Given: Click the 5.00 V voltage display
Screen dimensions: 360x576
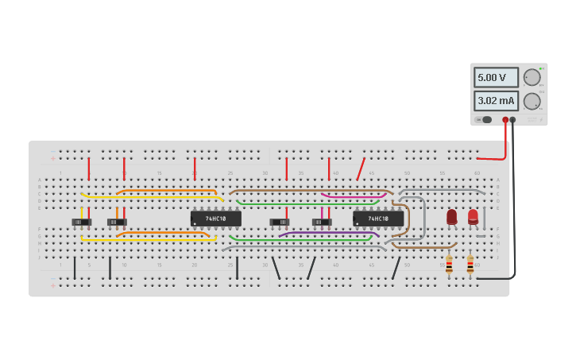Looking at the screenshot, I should tap(496, 78).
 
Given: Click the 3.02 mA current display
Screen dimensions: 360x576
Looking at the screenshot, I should tap(496, 101).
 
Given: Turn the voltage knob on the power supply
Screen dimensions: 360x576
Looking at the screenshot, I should tap(531, 77).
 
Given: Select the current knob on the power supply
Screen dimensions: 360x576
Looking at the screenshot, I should tap(531, 101).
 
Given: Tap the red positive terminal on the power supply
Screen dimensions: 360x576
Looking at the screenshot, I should tap(505, 120).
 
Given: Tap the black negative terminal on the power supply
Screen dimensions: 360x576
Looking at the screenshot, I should tap(512, 120).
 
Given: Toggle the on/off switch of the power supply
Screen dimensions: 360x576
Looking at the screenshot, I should tap(484, 120).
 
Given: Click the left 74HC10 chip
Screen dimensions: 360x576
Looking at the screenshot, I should tap(215, 218).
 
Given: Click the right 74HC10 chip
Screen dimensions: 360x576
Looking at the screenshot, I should tap(378, 218).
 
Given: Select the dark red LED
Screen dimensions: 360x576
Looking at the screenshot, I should tap(451, 216).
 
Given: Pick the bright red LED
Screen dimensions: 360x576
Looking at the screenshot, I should tap(473, 215).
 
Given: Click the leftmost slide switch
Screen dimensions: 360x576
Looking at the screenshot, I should tap(81, 222).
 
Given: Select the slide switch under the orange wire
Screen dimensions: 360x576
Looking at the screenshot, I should tap(117, 222).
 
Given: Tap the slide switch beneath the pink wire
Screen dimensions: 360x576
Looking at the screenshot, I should tap(322, 222).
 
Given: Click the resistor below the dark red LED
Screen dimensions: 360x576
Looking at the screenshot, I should tap(449, 265).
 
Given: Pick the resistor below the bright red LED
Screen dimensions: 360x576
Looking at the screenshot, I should tap(470, 265).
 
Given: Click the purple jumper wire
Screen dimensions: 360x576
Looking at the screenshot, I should tap(318, 233).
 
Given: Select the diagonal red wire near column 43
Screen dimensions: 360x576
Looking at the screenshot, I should tap(361, 168).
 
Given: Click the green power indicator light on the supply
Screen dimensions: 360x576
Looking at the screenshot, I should tap(542, 69).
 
